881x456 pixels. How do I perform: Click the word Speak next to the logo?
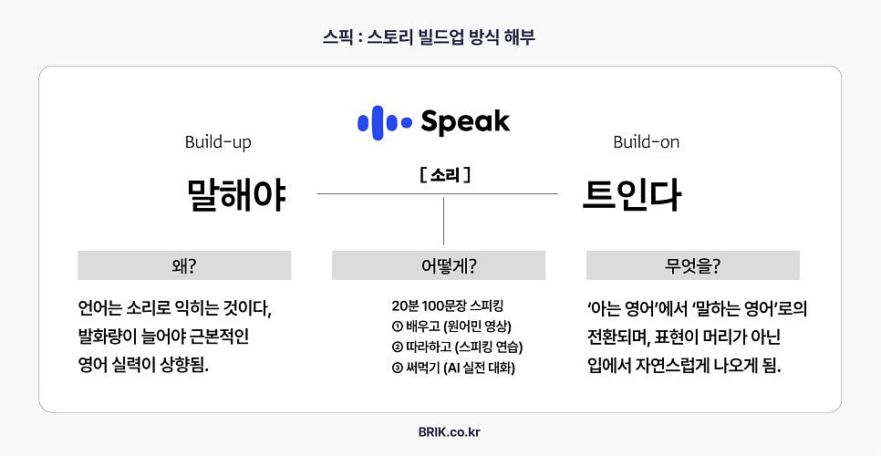465,122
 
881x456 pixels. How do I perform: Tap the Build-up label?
218,142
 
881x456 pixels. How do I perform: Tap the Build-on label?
646,142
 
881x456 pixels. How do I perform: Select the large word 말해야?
236,194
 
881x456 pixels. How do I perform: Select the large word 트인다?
632,194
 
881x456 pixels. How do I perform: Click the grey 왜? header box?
184,265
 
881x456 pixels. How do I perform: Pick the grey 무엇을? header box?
692,265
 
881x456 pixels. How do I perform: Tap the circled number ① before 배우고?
397,326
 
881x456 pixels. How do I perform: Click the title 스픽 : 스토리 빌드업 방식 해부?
440,37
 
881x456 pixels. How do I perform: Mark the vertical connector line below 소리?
444,220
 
